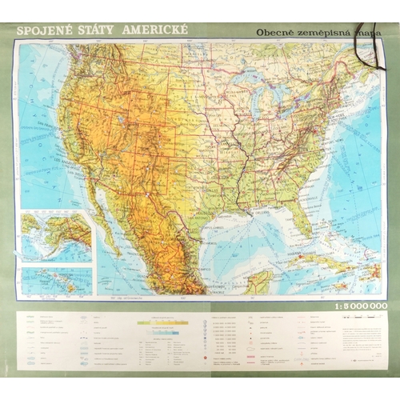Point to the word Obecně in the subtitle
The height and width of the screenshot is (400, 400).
[275, 33]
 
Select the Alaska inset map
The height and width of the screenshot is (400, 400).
[56, 236]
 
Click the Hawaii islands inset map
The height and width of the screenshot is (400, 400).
[56, 280]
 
